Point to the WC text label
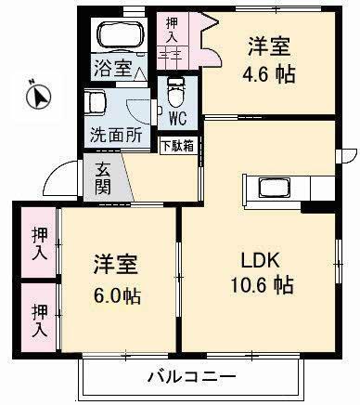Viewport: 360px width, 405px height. tap(177, 118)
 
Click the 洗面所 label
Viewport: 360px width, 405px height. tap(116, 134)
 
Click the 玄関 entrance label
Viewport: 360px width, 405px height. tap(102, 176)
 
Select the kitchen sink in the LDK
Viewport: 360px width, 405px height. tap(276, 189)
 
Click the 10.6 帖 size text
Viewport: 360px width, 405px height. tap(263, 285)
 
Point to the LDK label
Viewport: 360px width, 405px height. tap(262, 257)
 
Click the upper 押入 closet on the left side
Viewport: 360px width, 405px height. tap(37, 244)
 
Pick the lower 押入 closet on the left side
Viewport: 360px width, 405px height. tap(37, 319)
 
